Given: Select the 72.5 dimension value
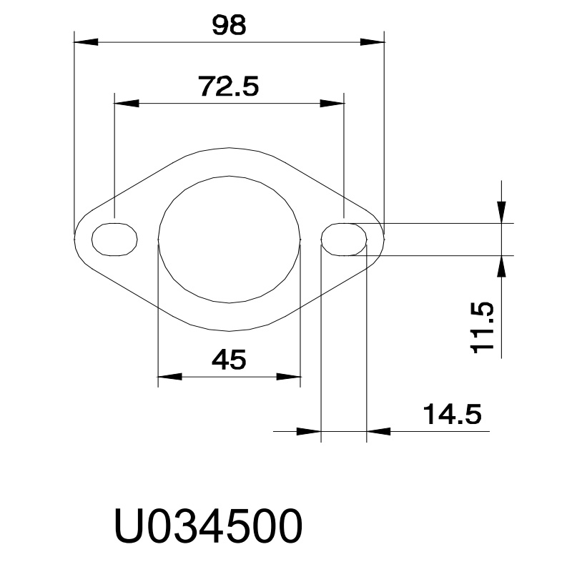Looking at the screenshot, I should coord(228,87).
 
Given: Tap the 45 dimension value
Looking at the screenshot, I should coord(229,359).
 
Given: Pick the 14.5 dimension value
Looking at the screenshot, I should coord(451,414).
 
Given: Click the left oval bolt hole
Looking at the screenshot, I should coord(114,238).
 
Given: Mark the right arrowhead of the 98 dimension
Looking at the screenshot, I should coord(373,41).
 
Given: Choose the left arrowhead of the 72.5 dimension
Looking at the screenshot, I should coord(126,103).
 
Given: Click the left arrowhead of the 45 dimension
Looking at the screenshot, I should coord(169,376).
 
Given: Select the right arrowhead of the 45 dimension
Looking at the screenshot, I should coord(289,376).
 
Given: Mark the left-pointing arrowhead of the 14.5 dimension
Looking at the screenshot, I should coord(379,431).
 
